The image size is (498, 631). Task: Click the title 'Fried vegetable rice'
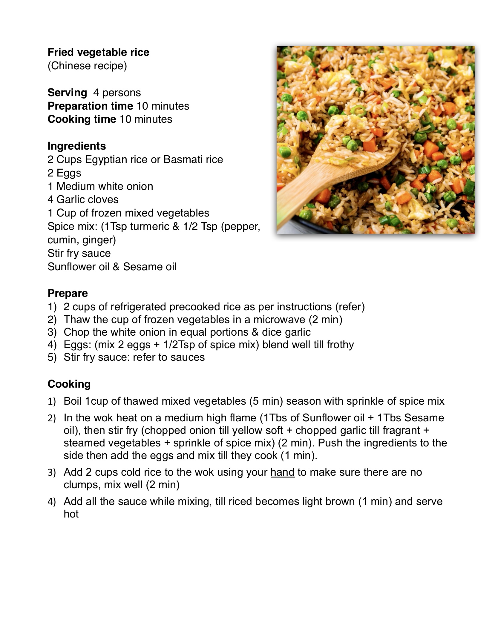click(98, 52)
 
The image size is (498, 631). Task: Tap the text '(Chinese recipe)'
click(87, 66)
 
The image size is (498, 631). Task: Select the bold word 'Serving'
click(67, 93)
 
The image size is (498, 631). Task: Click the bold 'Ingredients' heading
click(77, 146)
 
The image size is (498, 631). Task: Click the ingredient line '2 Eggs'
click(64, 173)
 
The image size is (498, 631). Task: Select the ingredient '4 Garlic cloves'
click(83, 199)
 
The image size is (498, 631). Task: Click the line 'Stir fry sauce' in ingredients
click(79, 253)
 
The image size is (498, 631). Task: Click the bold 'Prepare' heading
click(68, 293)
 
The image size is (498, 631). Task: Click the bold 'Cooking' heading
click(69, 384)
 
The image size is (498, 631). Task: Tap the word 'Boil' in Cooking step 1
click(73, 401)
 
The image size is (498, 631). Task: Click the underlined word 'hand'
click(283, 472)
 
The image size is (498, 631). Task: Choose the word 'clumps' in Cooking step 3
click(82, 485)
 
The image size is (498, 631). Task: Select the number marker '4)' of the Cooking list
click(52, 502)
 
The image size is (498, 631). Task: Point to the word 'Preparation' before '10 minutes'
click(90, 106)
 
